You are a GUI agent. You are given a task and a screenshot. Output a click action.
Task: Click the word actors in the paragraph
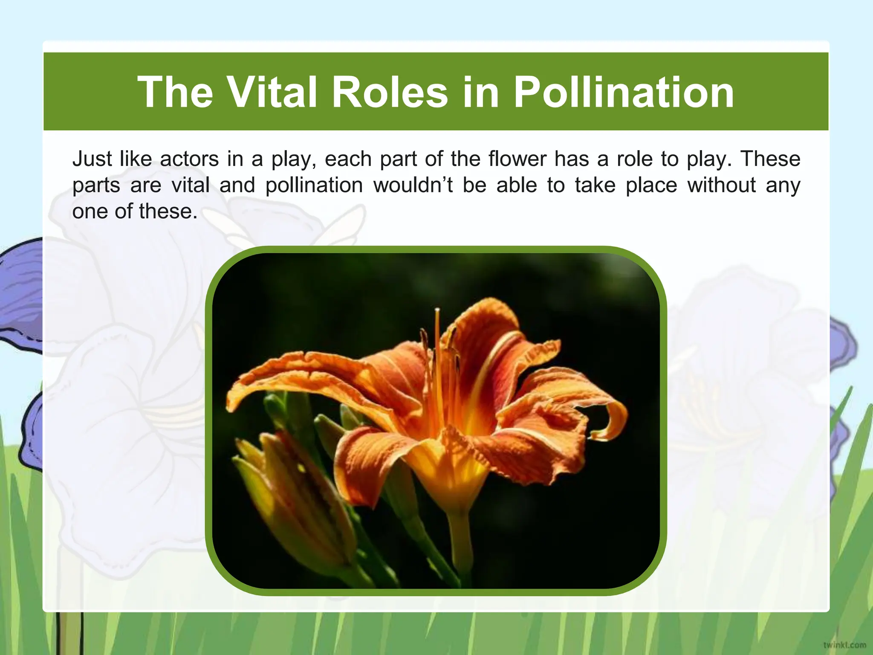pyautogui.click(x=189, y=159)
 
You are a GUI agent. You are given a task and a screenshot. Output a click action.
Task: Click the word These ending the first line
pyautogui.click(x=770, y=159)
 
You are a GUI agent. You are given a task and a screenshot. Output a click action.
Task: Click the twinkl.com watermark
pyautogui.click(x=844, y=645)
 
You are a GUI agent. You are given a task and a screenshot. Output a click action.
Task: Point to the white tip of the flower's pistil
pyautogui.click(x=437, y=309)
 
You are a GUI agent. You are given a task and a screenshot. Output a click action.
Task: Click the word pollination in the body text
pyautogui.click(x=314, y=185)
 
